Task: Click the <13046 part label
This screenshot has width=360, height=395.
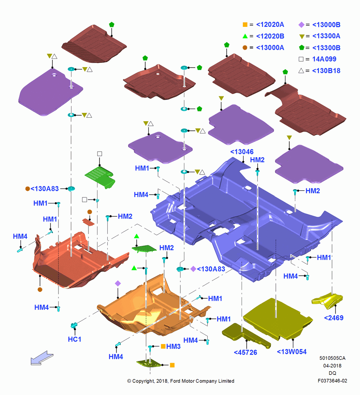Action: pyautogui.click(x=242, y=152)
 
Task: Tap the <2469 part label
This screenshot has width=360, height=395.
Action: pyautogui.click(x=334, y=318)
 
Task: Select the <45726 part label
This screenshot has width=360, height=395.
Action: pyautogui.click(x=246, y=352)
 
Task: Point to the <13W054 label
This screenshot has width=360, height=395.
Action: pyautogui.click(x=292, y=352)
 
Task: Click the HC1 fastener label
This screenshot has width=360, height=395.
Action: pyautogui.click(x=75, y=339)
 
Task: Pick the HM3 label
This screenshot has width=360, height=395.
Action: pyautogui.click(x=173, y=346)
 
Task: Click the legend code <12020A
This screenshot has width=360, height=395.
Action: pyautogui.click(x=270, y=24)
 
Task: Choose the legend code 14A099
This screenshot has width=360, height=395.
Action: pyautogui.click(x=324, y=59)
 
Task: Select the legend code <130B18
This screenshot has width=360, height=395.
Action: pyautogui.click(x=326, y=71)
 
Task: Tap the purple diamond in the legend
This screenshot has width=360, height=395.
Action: pyautogui.click(x=301, y=24)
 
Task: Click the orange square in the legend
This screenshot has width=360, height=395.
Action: pyautogui.click(x=245, y=24)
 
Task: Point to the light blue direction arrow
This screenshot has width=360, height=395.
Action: pyautogui.click(x=42, y=358)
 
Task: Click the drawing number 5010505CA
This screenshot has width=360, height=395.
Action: pyautogui.click(x=332, y=358)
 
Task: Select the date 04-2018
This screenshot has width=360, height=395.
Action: pyautogui.click(x=332, y=365)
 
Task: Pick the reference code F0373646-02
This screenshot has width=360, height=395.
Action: pyautogui.click(x=332, y=381)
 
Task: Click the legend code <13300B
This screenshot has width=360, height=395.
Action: pyautogui.click(x=326, y=48)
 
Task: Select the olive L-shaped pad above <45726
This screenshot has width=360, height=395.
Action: pyautogui.click(x=246, y=335)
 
